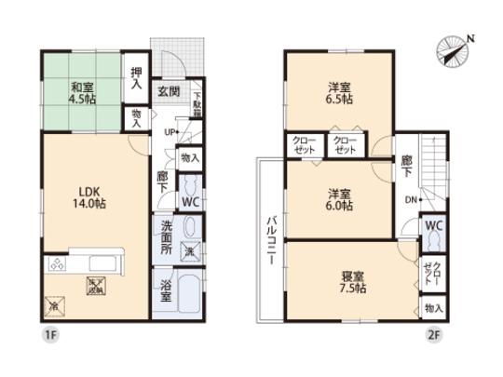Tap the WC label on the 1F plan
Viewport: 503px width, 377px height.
(189, 201)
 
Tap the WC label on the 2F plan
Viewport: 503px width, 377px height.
(432, 226)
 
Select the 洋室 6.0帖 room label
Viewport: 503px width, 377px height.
(338, 199)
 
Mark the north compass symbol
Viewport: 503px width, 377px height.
(455, 48)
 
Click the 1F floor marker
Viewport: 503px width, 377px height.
(46, 331)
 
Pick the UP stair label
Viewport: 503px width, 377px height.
(170, 131)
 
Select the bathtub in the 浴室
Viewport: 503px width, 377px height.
(189, 293)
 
